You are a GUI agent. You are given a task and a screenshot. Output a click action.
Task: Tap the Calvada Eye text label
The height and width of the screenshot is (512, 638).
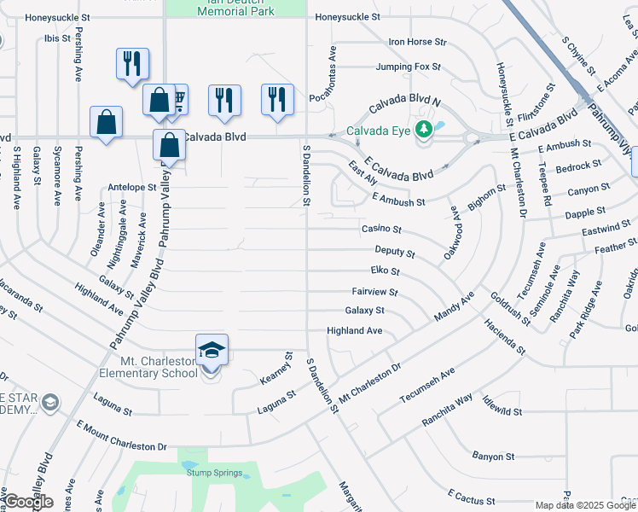pyautogui.click(x=380, y=131)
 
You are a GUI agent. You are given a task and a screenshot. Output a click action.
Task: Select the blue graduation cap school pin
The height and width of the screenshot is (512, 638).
pyautogui.click(x=212, y=349)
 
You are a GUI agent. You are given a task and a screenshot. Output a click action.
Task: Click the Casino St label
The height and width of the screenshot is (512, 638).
pyautogui.click(x=381, y=229)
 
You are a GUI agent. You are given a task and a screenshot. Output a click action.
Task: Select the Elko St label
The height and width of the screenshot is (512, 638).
pyautogui.click(x=385, y=272)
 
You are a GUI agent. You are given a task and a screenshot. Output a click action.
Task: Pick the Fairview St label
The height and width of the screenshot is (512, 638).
pyautogui.click(x=374, y=292)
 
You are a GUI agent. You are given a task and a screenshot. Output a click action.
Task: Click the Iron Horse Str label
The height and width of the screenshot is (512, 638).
pyautogui.click(x=417, y=41)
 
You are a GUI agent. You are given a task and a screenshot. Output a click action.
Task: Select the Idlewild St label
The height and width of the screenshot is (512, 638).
pyautogui.click(x=501, y=411)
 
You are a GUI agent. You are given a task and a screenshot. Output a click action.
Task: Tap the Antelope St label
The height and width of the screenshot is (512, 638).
pyautogui.click(x=132, y=187)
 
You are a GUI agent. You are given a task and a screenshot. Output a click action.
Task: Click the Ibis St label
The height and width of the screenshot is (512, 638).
pyautogui.click(x=58, y=38)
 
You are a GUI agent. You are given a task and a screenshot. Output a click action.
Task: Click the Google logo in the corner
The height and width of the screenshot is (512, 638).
pyautogui.click(x=28, y=502)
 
